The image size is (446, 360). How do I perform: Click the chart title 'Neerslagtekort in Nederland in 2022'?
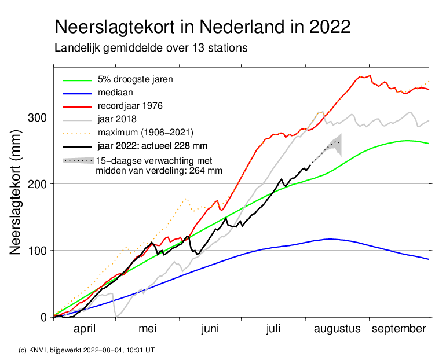(202, 27)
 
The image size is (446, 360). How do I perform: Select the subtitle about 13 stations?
(151, 48)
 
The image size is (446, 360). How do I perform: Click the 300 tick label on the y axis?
(36, 118)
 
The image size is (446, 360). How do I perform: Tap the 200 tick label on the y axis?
(36, 184)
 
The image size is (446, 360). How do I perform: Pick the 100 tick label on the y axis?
(36, 251)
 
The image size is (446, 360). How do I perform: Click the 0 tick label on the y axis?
(42, 317)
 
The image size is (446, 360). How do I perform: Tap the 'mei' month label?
(148, 329)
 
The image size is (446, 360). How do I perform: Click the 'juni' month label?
(210, 329)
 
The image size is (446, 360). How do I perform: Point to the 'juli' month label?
(274, 329)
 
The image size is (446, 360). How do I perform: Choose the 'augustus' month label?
(337, 329)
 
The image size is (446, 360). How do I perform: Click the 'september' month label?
(399, 329)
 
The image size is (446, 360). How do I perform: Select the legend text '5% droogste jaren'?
(135, 78)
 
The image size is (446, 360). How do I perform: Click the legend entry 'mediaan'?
(116, 92)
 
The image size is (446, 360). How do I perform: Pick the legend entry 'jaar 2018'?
(118, 119)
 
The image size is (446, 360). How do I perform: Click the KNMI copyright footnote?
(87, 350)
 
